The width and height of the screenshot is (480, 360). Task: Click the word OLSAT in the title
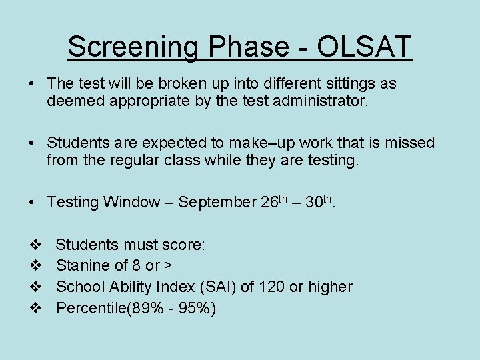pos(365,47)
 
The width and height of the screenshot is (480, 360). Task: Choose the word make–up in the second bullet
pos(255,143)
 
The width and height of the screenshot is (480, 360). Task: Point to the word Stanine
pos(83,265)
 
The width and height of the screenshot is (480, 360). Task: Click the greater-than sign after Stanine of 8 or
pos(169,266)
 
